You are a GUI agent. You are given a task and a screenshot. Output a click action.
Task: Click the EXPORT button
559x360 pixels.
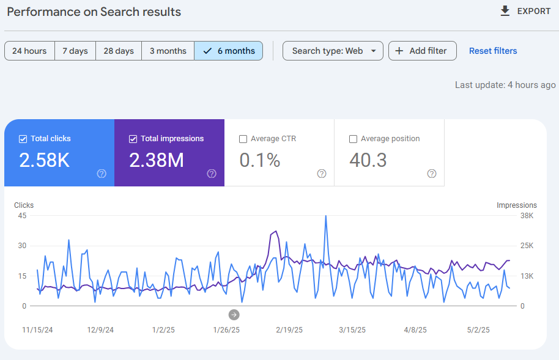click(x=525, y=11)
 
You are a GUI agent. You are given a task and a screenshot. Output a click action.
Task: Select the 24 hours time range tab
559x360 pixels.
click(x=29, y=51)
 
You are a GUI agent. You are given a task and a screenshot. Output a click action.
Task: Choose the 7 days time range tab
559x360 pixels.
click(x=75, y=51)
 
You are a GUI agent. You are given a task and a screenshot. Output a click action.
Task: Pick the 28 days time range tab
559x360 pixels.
click(x=119, y=51)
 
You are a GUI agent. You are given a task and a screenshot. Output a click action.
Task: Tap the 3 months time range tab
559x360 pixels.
click(x=168, y=51)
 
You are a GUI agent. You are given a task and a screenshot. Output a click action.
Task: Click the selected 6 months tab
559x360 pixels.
click(x=229, y=51)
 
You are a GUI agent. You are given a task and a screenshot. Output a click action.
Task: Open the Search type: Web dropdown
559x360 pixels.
click(x=333, y=51)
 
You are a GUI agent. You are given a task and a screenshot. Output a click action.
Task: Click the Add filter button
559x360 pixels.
click(x=422, y=51)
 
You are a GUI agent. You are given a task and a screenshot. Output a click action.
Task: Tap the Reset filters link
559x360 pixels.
click(x=493, y=51)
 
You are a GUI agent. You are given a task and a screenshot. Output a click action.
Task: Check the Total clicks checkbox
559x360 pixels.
click(x=23, y=139)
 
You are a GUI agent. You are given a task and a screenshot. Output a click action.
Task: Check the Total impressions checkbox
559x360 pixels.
click(x=133, y=139)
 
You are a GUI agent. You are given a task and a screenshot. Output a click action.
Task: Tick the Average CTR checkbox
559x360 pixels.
click(x=243, y=139)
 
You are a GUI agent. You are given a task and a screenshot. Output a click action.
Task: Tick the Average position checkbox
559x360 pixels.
click(x=353, y=139)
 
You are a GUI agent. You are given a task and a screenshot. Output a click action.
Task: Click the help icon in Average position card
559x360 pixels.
click(x=432, y=174)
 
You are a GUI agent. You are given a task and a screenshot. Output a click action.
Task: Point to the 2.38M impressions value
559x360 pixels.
click(x=156, y=160)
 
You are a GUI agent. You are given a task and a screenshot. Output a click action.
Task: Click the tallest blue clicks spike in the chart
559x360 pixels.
click(x=326, y=216)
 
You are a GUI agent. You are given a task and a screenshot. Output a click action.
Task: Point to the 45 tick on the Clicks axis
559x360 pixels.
click(x=23, y=216)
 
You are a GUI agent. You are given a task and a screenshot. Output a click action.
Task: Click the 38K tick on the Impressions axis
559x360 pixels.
click(x=527, y=216)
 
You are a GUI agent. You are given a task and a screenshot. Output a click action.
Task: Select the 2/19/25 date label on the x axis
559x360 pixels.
click(x=289, y=330)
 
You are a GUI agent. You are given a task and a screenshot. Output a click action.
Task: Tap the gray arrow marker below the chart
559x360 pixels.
click(x=234, y=315)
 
